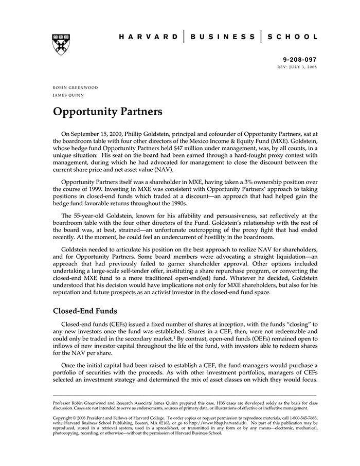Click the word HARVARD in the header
coord(149,37)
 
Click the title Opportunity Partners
coord(107,112)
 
